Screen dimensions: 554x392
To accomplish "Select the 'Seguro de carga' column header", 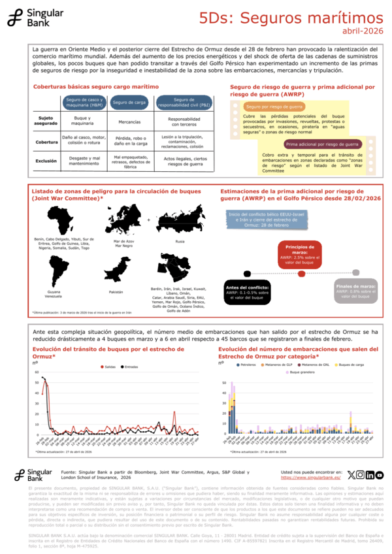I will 128,102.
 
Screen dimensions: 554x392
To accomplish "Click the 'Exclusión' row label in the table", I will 46,159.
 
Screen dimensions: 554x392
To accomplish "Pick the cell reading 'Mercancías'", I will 128,122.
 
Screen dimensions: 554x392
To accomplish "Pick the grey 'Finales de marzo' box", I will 355,291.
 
